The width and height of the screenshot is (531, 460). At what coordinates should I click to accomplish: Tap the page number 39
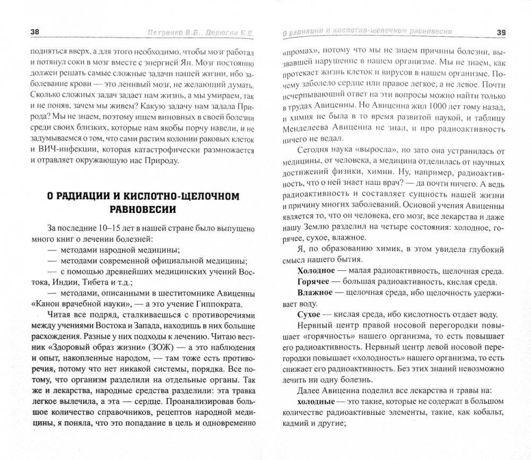tap(501, 33)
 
